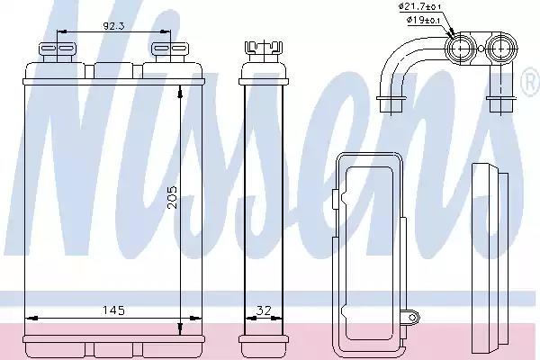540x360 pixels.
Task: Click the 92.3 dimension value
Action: [x=113, y=26]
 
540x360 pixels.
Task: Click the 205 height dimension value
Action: [x=172, y=197]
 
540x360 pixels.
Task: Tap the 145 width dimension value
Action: [x=113, y=310]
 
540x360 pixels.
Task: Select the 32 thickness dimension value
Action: [x=264, y=310]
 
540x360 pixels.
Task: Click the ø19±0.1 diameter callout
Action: [x=423, y=20]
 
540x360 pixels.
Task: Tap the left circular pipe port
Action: [x=461, y=49]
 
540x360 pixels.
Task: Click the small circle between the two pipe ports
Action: [x=481, y=49]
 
